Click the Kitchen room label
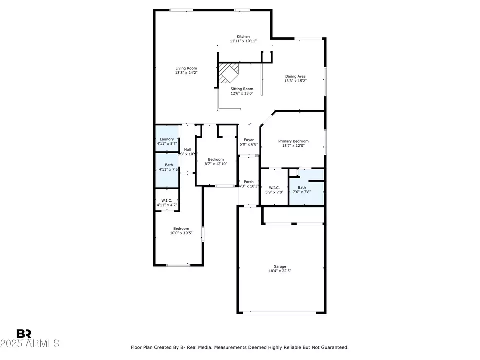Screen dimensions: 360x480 [243, 37]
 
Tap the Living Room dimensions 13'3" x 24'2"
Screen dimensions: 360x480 [186, 73]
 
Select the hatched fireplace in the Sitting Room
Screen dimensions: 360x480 [229, 73]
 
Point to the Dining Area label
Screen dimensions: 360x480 [295, 76]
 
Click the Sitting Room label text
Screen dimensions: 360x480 [242, 89]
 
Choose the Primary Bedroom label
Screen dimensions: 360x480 [293, 141]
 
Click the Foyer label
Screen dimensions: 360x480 [249, 140]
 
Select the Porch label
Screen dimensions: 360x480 [249, 182]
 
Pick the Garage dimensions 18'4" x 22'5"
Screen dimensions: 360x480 [280, 271]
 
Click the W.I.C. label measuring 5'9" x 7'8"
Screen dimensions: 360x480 [274, 188]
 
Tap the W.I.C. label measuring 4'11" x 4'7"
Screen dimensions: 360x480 [166, 201]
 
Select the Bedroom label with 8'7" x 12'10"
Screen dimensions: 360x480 [216, 159]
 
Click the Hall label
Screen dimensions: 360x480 [187, 150]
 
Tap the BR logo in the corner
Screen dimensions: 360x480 [24, 334]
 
